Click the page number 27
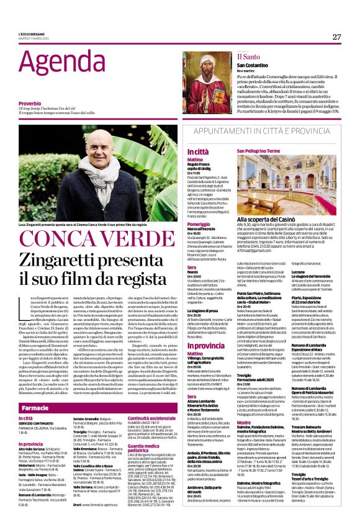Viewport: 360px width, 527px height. (x=336, y=37)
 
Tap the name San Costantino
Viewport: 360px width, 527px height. (x=253, y=65)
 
